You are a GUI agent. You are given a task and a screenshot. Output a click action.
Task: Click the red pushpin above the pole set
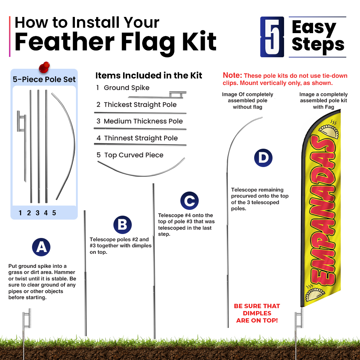click(44, 67)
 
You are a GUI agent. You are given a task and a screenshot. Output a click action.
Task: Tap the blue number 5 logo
click(272, 37)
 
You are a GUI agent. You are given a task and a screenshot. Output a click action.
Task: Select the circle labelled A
click(41, 247)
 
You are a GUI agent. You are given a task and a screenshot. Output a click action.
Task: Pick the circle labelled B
click(123, 225)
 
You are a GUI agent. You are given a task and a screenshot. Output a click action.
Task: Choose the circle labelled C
click(189, 201)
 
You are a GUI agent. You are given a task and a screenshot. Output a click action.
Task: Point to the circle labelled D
click(264, 158)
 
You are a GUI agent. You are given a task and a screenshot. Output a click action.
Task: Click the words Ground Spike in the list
click(126, 88)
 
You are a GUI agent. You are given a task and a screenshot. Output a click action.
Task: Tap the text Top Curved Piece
click(134, 155)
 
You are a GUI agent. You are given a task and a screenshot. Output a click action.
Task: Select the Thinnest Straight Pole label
click(141, 138)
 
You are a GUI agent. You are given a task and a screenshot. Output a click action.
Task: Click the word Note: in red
click(232, 75)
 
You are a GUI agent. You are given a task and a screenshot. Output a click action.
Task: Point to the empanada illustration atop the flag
click(329, 131)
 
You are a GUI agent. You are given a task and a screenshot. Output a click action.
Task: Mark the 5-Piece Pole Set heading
click(44, 80)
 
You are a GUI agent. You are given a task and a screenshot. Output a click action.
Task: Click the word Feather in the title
click(64, 42)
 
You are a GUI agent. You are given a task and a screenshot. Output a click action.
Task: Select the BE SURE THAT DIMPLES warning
click(257, 313)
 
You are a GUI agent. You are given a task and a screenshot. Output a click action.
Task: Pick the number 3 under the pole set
click(37, 213)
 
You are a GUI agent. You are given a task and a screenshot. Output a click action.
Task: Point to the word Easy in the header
click(314, 28)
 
